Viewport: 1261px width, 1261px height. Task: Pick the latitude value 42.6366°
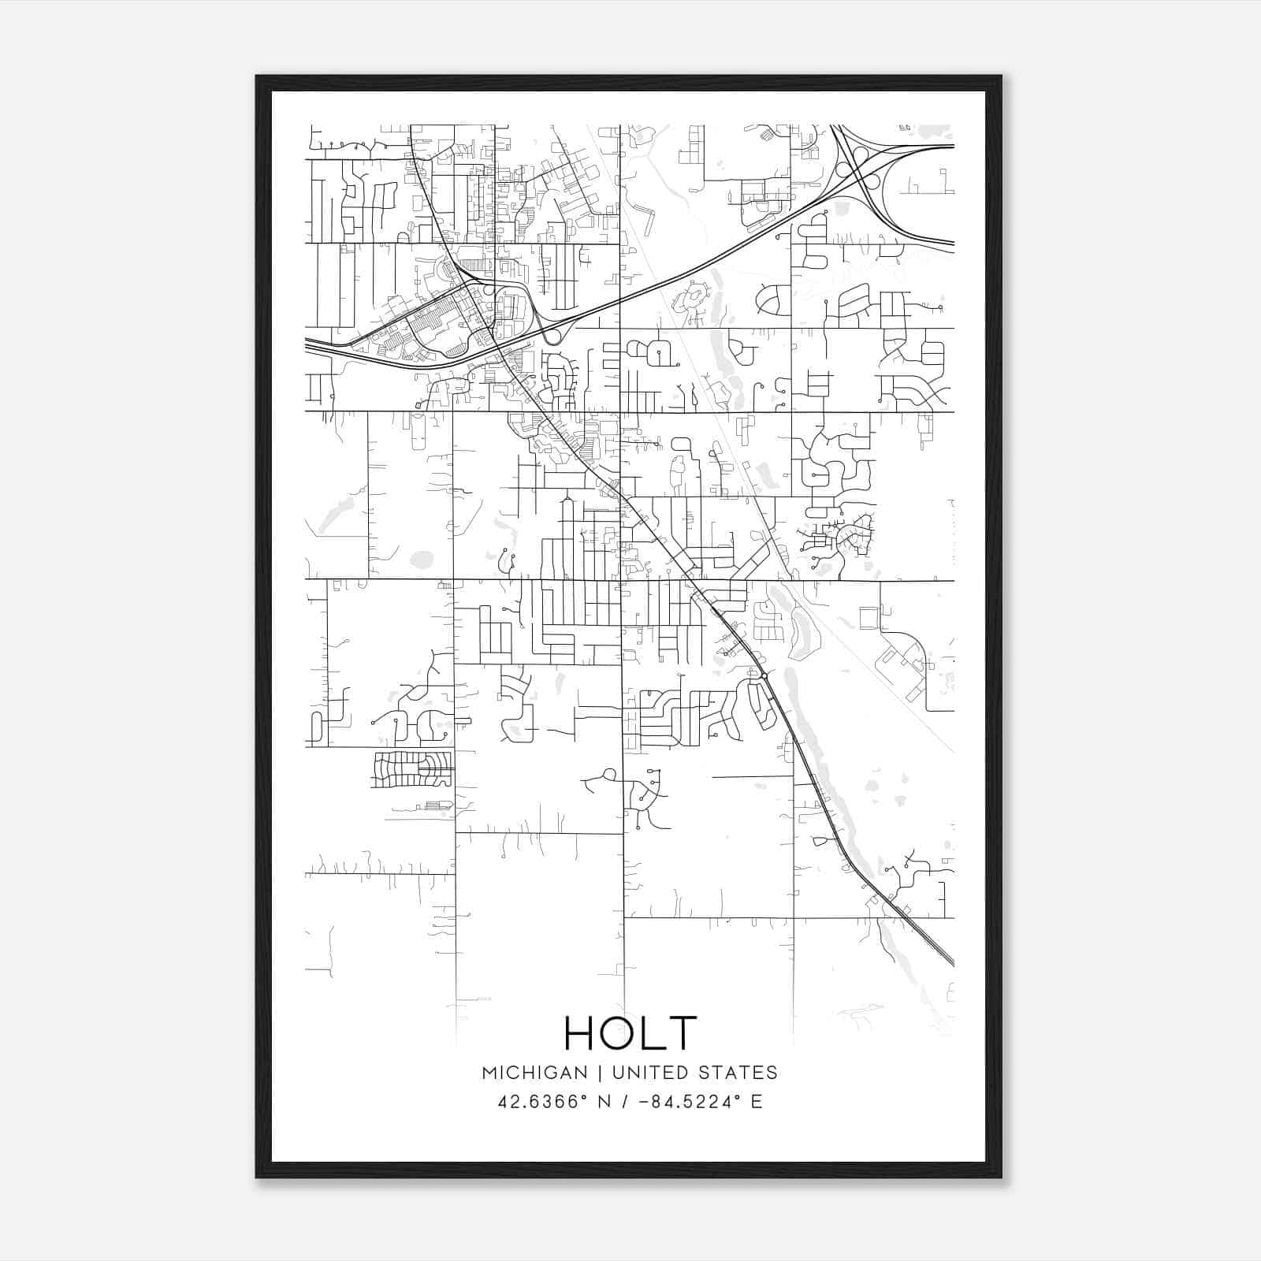coord(544,1102)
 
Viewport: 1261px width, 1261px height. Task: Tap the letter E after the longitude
coord(757,1102)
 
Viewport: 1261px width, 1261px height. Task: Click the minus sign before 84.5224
coord(649,1102)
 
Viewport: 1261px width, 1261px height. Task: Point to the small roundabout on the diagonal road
coord(764,675)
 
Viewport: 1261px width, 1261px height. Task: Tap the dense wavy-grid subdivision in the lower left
coord(412,768)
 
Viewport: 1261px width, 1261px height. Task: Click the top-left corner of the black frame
coord(257,76)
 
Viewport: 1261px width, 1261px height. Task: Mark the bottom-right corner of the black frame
coord(1001,1177)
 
